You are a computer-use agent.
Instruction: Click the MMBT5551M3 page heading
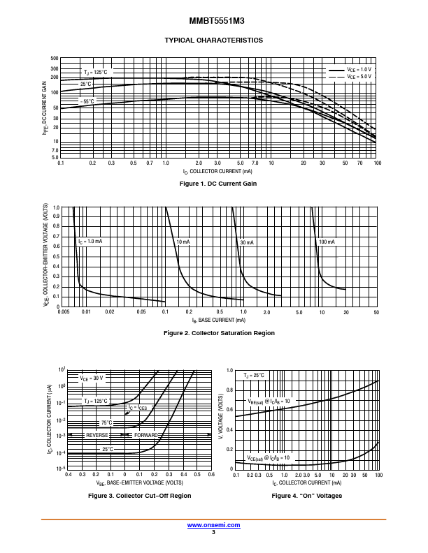213,22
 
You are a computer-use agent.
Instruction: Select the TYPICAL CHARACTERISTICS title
213,40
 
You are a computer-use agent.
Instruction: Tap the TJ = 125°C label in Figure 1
95,73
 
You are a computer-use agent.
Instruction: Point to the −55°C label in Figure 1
87,102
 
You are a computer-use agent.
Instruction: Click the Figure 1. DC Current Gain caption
218,184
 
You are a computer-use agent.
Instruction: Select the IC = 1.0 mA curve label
90,242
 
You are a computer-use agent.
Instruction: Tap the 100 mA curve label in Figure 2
327,242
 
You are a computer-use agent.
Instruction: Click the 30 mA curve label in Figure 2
247,242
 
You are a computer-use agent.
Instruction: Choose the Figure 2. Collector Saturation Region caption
219,333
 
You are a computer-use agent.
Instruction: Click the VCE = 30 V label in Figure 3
91,378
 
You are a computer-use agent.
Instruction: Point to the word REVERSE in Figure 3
97,435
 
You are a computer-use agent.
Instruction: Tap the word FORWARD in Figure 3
145,435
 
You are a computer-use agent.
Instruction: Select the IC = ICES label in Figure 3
137,407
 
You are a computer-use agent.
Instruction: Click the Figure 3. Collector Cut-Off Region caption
139,496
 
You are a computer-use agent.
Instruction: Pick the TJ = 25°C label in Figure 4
254,376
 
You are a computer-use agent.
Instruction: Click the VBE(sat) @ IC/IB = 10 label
269,401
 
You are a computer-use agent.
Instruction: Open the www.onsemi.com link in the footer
213,525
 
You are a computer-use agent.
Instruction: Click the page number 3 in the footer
213,532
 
